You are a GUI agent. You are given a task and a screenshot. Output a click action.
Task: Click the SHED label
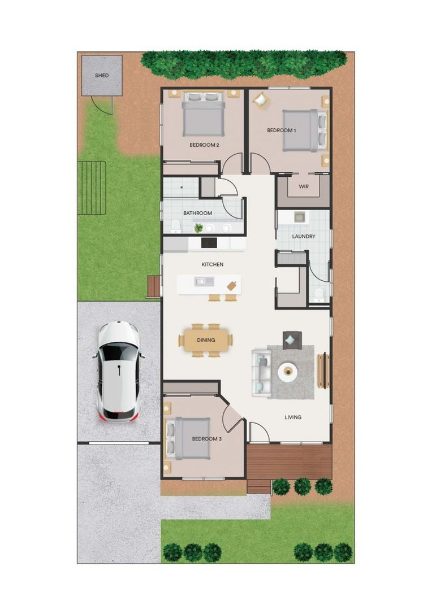coord(102,75)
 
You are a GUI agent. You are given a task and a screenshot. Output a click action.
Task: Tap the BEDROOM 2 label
coord(204,145)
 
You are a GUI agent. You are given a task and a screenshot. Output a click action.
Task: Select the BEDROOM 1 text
coord(281,130)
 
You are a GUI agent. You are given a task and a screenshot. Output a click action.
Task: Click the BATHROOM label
coord(197,213)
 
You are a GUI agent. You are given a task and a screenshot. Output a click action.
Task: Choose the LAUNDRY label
coord(304,236)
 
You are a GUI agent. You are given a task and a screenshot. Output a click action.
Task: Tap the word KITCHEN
coord(213,264)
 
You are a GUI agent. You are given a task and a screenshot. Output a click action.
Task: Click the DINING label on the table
coord(205,340)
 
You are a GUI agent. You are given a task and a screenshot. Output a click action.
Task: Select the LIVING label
coord(293,417)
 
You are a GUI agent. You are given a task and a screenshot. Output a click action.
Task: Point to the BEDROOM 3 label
coord(206,439)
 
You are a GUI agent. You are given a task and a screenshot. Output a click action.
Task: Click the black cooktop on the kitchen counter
coord(209,242)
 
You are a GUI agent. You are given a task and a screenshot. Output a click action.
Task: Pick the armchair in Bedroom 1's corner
coord(261,100)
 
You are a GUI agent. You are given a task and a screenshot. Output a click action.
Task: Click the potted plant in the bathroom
coord(198,228)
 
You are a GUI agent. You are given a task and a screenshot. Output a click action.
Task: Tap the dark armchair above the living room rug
coord(292,339)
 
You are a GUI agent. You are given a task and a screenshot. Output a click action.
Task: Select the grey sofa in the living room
coord(261,372)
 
